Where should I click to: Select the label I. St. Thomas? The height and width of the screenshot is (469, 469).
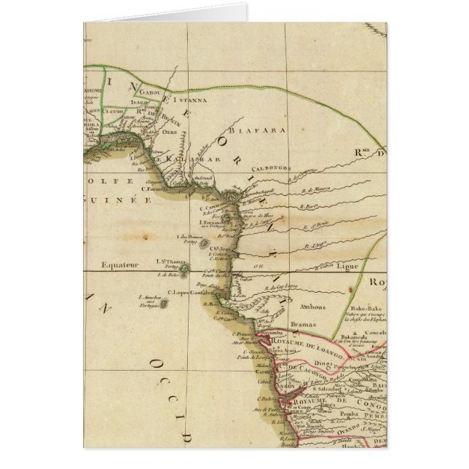click(169, 261)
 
